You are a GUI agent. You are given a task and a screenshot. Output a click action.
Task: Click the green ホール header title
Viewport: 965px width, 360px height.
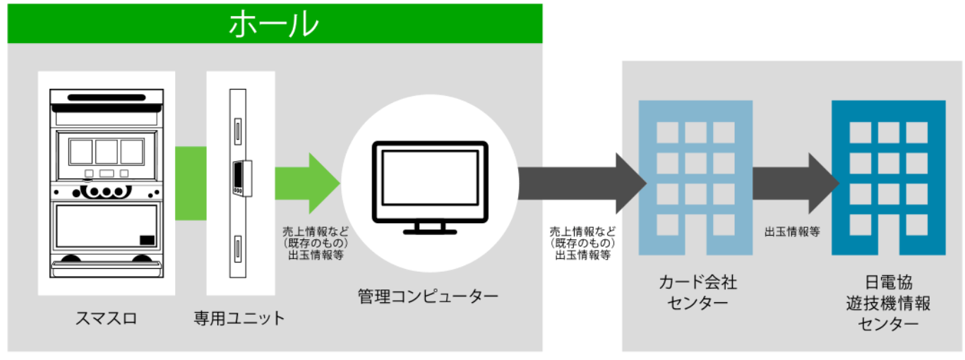[x=274, y=24]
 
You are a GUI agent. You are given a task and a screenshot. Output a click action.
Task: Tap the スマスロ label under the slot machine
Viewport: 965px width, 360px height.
[x=106, y=318]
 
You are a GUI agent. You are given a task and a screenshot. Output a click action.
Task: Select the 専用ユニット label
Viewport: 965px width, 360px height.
[x=239, y=318]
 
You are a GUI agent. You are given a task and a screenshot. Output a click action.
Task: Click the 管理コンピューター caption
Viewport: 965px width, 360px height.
[x=428, y=296]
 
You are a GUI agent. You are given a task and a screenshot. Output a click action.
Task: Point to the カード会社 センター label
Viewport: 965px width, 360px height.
[x=698, y=293]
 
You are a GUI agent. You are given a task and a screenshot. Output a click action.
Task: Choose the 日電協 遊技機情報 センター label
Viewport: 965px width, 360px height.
[x=888, y=303]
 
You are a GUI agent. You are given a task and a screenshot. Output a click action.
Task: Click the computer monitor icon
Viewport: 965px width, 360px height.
[x=430, y=188]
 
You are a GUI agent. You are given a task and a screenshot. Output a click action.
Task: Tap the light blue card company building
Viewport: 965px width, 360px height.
[x=695, y=178]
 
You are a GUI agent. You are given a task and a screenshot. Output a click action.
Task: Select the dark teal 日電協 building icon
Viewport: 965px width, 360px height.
[x=888, y=178]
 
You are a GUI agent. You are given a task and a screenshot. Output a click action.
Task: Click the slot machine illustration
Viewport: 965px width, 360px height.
[x=107, y=184]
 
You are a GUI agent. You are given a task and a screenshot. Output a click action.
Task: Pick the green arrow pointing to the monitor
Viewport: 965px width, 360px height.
[x=308, y=184]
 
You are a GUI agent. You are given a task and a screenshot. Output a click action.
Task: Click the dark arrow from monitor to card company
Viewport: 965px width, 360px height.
[x=582, y=184]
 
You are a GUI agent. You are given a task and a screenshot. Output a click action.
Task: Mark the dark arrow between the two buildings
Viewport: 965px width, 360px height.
[x=796, y=184]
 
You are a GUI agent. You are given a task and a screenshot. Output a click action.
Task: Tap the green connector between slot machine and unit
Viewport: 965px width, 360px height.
[x=191, y=184]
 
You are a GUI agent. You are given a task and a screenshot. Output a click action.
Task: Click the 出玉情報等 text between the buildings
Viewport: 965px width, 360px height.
[x=792, y=232]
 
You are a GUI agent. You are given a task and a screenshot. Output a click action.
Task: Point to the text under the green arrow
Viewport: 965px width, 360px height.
[x=316, y=244]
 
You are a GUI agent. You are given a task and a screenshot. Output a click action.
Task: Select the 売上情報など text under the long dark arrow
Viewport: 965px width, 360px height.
[x=582, y=232]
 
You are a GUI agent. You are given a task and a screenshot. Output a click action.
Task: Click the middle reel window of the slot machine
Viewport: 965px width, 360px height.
[x=107, y=152]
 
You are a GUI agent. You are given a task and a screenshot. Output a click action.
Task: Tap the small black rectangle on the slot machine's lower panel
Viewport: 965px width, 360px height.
[x=148, y=240]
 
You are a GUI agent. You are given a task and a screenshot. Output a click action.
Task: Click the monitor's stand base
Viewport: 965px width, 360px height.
[x=430, y=232]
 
